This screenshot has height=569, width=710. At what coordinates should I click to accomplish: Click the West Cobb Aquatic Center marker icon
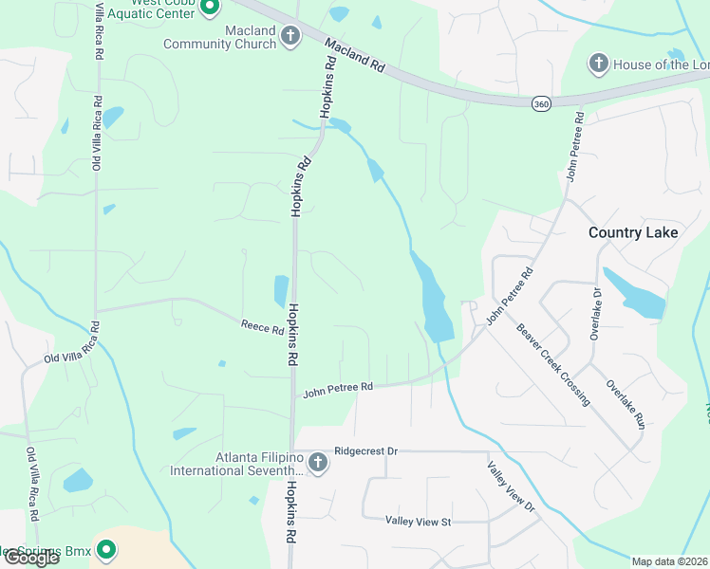(211, 8)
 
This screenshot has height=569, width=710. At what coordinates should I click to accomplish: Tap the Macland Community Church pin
(290, 38)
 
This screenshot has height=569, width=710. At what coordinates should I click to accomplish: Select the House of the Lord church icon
(598, 64)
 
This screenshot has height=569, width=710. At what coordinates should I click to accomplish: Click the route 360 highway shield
(541, 102)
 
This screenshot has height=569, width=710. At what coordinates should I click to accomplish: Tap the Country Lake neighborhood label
(633, 232)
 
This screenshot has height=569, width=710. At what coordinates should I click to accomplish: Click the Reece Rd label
(262, 329)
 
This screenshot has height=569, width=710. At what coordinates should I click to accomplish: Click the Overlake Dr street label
(597, 312)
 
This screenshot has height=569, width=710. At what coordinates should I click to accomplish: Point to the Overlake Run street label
(626, 406)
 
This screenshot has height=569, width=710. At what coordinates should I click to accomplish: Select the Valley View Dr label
(511, 487)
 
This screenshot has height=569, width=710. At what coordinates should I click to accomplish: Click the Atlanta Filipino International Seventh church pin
(318, 464)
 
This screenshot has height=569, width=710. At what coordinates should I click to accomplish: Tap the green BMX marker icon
(106, 549)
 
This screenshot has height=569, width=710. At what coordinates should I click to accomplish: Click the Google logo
(30, 558)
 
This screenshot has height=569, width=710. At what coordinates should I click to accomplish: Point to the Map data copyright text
(670, 561)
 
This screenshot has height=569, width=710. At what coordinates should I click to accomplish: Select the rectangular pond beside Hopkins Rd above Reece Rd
(281, 290)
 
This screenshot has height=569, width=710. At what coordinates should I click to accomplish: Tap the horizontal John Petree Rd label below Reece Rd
(338, 389)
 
